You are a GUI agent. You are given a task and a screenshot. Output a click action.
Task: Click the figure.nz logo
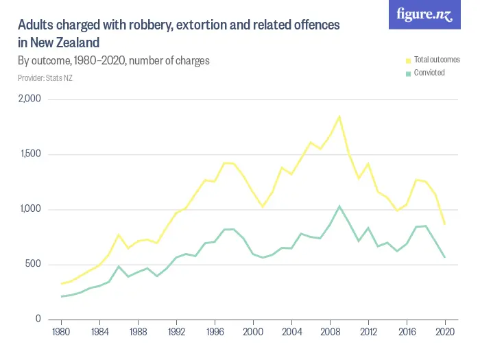pyautogui.click(x=424, y=14)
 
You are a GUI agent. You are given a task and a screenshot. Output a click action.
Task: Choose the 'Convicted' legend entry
pyautogui.click(x=429, y=73)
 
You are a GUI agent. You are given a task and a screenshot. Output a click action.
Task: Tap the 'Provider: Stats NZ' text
pyautogui.click(x=45, y=78)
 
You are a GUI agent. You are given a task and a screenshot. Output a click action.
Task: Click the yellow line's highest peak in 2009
pyautogui.click(x=339, y=117)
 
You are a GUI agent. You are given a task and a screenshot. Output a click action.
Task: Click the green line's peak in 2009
pyautogui.click(x=339, y=206)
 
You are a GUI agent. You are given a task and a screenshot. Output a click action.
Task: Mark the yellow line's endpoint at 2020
pyautogui.click(x=445, y=224)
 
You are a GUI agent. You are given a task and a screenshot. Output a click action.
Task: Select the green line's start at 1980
pyautogui.click(x=62, y=296)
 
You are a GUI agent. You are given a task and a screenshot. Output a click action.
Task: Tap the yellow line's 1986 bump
pyautogui.click(x=119, y=235)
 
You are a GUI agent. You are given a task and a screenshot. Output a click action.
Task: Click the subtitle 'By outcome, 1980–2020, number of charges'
pyautogui.click(x=114, y=60)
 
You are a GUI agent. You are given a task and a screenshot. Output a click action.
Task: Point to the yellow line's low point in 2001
pyautogui.click(x=263, y=206)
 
